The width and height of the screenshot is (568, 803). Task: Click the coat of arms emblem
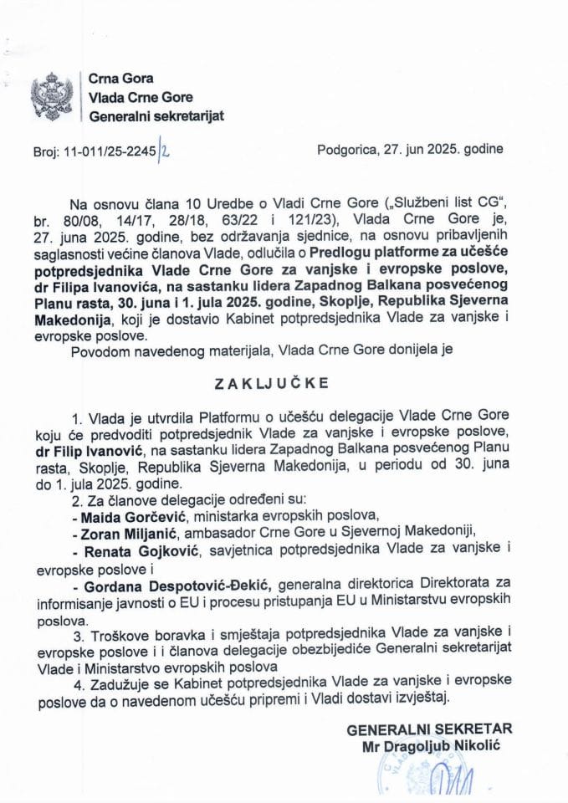[52, 97]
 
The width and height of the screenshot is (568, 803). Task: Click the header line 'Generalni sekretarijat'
[156, 115]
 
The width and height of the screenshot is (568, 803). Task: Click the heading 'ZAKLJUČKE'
[284, 386]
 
